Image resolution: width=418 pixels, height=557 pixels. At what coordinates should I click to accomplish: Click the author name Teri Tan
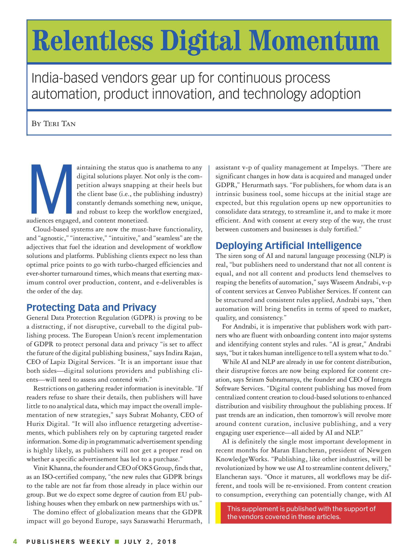60,124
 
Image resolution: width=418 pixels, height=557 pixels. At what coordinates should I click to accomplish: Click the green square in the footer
117,542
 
